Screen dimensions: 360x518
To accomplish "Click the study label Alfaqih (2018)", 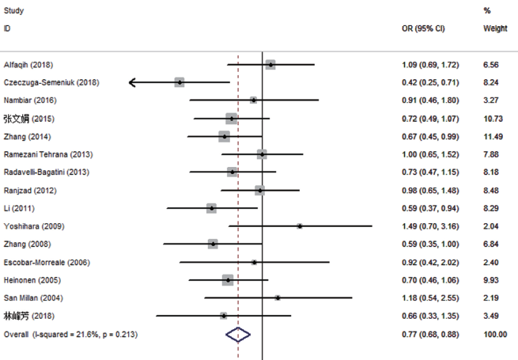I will point(28,64).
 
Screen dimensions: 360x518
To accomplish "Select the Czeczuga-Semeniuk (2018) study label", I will point(51,82).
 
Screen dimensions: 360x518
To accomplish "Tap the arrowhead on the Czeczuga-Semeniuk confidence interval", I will point(132,82).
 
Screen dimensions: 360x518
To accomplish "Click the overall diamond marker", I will point(238,335).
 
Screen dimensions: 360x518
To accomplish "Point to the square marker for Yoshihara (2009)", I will point(300,226).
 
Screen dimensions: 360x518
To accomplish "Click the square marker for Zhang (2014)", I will point(224,136).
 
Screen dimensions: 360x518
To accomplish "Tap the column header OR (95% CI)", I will point(424,28).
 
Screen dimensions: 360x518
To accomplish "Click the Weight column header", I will point(495,28).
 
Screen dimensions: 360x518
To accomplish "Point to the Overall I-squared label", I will point(70,335).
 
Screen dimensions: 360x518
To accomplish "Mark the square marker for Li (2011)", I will point(211,208).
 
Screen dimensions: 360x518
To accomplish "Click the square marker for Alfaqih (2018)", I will point(270,64).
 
